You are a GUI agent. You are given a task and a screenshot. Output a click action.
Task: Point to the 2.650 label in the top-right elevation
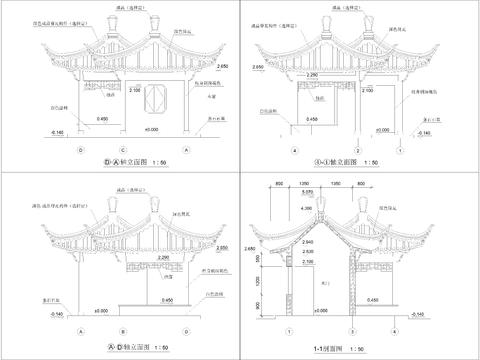(257, 66)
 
